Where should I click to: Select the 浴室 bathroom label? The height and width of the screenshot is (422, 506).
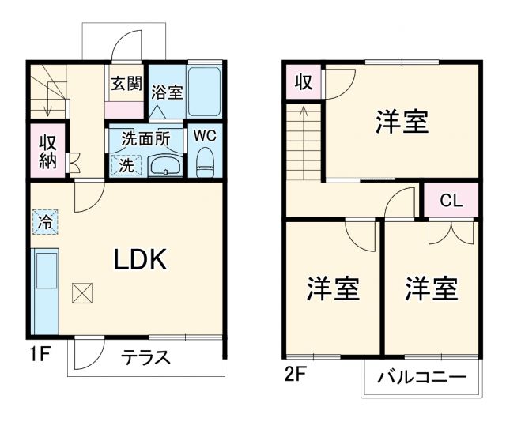(167, 92)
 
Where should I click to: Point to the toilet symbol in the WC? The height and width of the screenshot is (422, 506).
(206, 160)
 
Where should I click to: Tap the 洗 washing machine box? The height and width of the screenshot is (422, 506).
(126, 166)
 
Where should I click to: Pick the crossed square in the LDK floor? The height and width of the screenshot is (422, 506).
(81, 293)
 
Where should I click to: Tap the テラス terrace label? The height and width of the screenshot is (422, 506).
(145, 357)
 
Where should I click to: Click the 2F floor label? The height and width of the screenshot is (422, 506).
(293, 375)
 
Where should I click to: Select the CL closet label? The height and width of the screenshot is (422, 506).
(451, 200)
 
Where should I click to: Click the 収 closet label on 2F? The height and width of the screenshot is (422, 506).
(303, 81)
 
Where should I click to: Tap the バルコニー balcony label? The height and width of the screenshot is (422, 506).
(421, 378)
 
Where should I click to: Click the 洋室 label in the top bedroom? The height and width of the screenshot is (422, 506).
(402, 123)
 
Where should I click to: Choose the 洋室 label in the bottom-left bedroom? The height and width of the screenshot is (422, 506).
(333, 289)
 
